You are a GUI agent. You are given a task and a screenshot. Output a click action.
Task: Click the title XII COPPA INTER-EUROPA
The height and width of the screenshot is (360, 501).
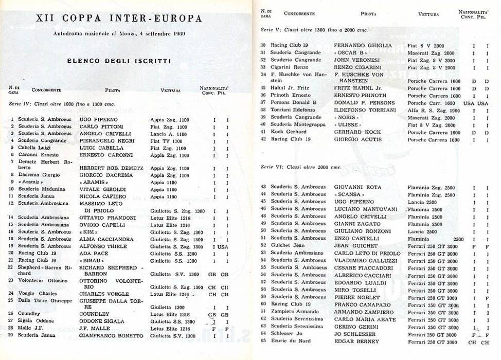(x=119, y=18)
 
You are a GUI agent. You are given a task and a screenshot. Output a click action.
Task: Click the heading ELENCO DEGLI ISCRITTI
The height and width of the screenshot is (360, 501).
(x=119, y=61)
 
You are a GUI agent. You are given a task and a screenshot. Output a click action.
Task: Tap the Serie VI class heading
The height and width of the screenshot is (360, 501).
(x=301, y=167)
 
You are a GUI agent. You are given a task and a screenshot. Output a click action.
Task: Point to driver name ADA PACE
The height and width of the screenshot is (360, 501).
(x=94, y=254)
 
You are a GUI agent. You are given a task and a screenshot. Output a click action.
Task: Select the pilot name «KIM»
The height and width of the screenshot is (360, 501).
(x=87, y=232)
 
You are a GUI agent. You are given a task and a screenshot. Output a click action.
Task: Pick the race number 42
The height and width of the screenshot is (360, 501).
(x=263, y=139)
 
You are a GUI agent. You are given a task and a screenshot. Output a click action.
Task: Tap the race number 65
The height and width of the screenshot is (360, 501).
(x=263, y=341)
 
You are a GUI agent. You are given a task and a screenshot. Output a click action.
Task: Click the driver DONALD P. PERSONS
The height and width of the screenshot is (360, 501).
(x=365, y=103)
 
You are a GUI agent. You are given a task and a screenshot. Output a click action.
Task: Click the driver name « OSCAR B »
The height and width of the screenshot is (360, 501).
(x=350, y=52)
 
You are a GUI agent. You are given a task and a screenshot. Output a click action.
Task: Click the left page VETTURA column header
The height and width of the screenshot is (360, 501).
(x=170, y=91)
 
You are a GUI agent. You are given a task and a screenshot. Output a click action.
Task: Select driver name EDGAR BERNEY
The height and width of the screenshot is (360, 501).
(x=356, y=341)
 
